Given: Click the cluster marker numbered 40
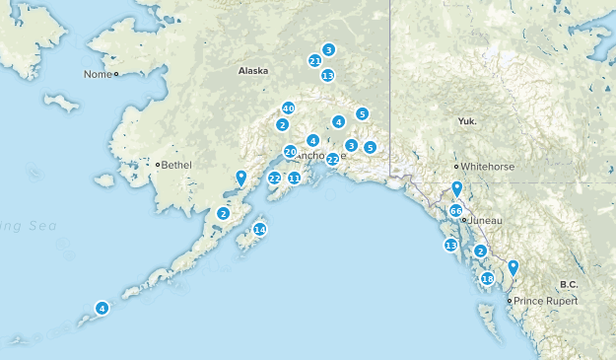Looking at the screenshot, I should click(288, 108).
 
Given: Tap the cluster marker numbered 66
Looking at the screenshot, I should click(456, 211).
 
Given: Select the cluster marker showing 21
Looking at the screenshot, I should click(314, 60).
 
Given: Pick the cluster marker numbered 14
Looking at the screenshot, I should click(259, 229).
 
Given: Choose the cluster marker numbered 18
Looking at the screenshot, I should click(487, 279).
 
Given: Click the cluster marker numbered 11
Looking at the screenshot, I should click(294, 178).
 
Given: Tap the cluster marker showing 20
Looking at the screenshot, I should click(290, 152).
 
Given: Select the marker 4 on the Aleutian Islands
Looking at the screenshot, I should click(102, 308).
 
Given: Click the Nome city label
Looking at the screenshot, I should click(98, 74).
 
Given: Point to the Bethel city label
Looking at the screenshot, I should click(177, 165).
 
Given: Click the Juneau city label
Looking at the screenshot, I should click(486, 219).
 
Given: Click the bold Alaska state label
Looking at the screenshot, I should click(253, 71).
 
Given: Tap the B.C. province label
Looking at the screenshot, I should click(568, 284).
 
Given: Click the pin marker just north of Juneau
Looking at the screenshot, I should click(456, 188).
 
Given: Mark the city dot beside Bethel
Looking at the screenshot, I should click(158, 165).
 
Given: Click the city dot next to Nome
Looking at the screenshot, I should click(115, 74).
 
